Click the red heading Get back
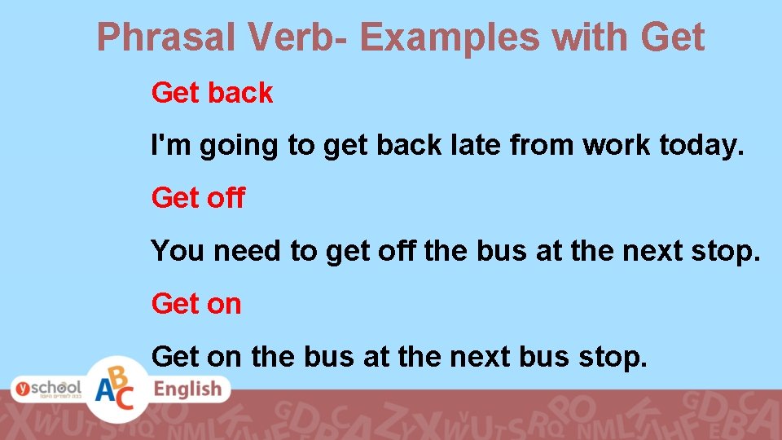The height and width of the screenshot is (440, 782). [212, 93]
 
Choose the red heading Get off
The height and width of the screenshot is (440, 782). [198, 198]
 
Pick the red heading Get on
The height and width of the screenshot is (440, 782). [196, 304]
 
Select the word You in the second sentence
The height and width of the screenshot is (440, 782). [178, 251]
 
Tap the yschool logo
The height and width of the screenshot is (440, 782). [46, 389]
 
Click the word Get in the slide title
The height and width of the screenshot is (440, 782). [673, 37]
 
